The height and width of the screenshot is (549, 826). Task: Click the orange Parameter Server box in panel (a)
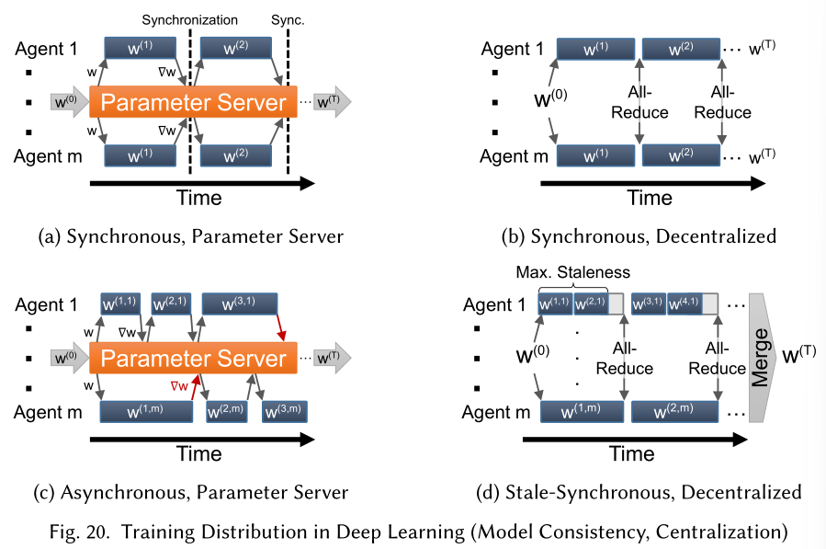click(193, 102)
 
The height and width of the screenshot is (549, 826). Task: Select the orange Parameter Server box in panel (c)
click(193, 358)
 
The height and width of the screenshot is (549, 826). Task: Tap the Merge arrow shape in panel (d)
click(761, 358)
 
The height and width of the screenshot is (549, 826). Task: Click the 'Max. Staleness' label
click(572, 272)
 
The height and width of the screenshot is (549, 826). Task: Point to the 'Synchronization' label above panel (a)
click(189, 20)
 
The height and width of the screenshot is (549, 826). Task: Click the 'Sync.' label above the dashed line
click(288, 20)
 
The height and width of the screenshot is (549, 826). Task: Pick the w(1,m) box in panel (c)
click(146, 411)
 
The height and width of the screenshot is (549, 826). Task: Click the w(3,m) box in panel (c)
click(285, 412)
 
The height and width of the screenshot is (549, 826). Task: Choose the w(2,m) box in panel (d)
click(674, 411)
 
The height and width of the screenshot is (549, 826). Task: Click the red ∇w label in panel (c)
click(179, 386)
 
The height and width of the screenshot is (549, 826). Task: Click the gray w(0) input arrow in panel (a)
click(70, 102)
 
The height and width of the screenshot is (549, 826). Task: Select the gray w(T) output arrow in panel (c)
click(333, 358)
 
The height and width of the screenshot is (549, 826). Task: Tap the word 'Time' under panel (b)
click(650, 198)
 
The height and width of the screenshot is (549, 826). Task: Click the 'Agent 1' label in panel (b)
click(513, 49)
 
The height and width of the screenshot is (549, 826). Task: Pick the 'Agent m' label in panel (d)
click(496, 412)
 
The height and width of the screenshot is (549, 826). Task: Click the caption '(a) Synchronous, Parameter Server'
click(191, 236)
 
